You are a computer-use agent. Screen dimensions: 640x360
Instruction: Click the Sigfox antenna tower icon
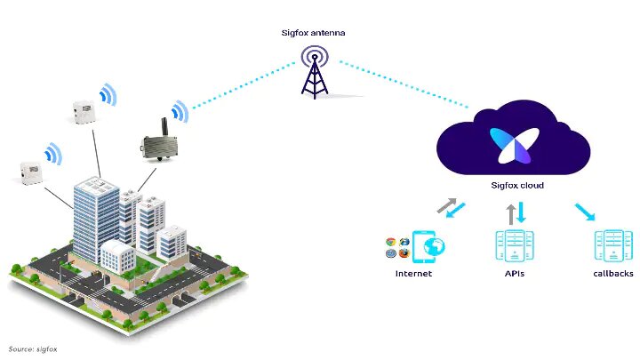pyautogui.click(x=315, y=72)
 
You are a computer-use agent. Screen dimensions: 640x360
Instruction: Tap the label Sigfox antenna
pyautogui.click(x=313, y=33)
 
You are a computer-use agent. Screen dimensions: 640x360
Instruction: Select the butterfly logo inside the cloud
pyautogui.click(x=515, y=145)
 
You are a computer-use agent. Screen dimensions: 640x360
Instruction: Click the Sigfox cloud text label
pyautogui.click(x=517, y=185)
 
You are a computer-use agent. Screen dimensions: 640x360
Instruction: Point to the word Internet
pyautogui.click(x=413, y=274)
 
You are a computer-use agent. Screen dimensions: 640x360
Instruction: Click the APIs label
pyautogui.click(x=515, y=274)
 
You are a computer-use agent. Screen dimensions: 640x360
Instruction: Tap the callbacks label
pyautogui.click(x=613, y=274)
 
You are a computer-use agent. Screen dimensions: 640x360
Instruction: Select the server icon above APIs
pyautogui.click(x=515, y=245)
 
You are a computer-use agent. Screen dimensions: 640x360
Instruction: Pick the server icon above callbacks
pyautogui.click(x=613, y=245)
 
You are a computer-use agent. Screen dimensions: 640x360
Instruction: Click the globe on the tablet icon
pyautogui.click(x=434, y=246)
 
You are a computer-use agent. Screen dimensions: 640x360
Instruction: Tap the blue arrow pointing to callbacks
pyautogui.click(x=585, y=212)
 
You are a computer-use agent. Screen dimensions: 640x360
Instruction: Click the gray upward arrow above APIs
pyautogui.click(x=511, y=214)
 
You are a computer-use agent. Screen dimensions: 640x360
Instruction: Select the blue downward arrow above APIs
pyautogui.click(x=521, y=212)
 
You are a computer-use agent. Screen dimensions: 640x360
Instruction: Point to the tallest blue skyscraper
pyautogui.click(x=96, y=220)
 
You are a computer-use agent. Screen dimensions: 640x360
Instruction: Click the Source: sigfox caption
pyautogui.click(x=33, y=349)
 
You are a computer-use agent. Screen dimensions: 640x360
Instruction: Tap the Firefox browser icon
pyautogui.click(x=404, y=253)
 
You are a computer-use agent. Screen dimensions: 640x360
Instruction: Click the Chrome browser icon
pyautogui.click(x=390, y=242)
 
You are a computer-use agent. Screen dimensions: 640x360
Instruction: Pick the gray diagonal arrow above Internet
pyautogui.click(x=446, y=205)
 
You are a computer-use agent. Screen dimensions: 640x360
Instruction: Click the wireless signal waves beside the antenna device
pyautogui.click(x=180, y=111)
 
